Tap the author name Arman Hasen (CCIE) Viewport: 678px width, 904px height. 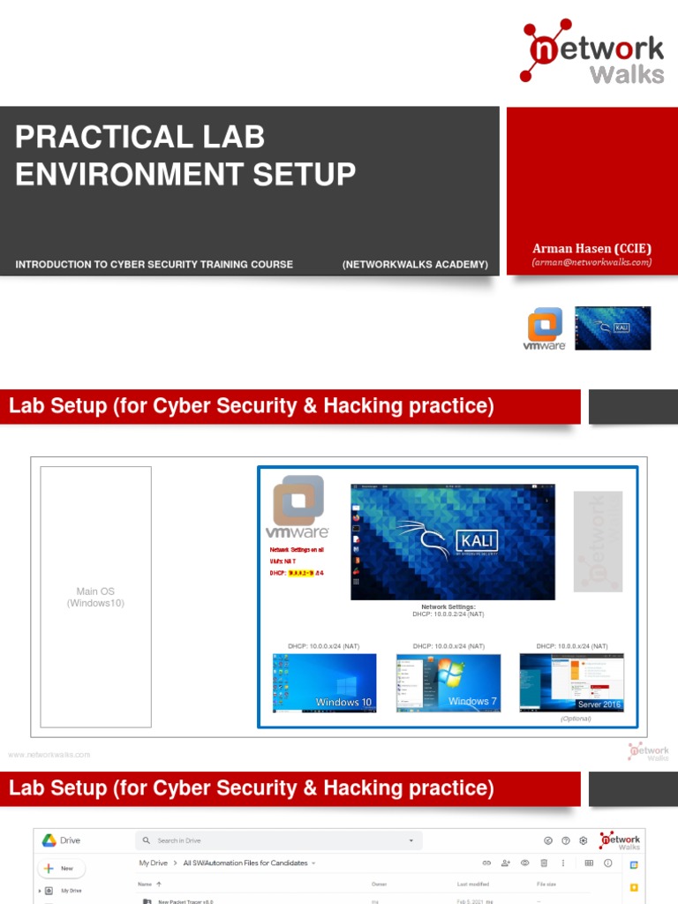click(591, 249)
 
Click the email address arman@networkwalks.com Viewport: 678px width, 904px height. click(591, 262)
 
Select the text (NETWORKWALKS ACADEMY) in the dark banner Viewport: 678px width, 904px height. click(415, 264)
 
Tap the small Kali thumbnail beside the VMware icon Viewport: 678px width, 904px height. click(613, 328)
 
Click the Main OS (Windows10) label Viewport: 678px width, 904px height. click(95, 598)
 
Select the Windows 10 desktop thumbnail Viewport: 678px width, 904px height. click(324, 682)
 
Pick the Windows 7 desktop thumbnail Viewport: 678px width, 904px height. click(448, 682)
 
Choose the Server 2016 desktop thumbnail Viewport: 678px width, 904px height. click(571, 682)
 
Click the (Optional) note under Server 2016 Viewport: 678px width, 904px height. click(576, 719)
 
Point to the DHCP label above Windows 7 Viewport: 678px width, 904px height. click(448, 646)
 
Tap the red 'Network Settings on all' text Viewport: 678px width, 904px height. click(297, 549)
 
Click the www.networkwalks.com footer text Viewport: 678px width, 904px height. click(49, 755)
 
